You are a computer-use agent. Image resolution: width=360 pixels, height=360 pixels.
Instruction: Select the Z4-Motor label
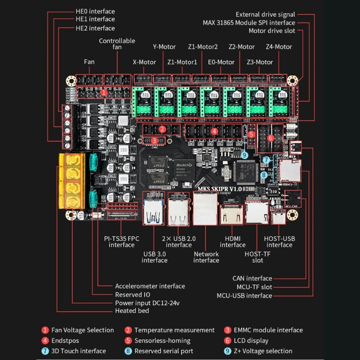pos(279,46)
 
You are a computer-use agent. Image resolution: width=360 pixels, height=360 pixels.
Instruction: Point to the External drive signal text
pos(265,14)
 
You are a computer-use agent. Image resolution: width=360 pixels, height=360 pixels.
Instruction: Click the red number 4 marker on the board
pos(215,131)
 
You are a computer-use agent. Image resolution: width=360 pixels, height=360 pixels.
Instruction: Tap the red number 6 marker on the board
pos(270,138)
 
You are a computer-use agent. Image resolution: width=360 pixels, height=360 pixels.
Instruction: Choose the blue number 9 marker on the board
pos(244,155)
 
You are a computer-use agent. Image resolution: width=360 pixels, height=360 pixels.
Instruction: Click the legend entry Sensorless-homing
pos(162,341)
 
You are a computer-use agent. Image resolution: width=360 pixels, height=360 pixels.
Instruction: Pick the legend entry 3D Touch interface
pos(79,351)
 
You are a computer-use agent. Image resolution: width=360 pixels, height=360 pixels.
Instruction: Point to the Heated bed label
pos(132,311)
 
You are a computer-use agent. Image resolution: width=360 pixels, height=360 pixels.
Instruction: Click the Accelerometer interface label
pos(150,286)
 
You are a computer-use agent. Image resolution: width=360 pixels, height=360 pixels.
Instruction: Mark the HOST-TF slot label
pos(257,257)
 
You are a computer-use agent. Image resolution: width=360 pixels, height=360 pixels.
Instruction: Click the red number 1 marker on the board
pos(104,93)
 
